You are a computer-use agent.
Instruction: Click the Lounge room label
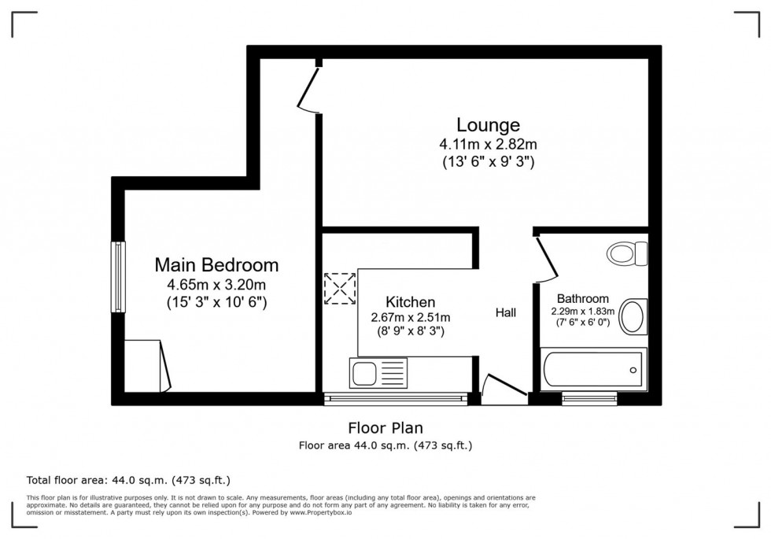[x=488, y=124]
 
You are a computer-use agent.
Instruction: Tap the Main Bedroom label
[x=216, y=264]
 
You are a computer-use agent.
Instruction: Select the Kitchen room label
[x=410, y=302]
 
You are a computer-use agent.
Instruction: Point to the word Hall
[x=505, y=313]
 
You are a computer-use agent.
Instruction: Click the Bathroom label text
[x=582, y=299]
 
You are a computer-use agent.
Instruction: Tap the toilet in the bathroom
[x=627, y=253]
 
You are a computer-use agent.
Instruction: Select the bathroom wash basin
[x=633, y=317]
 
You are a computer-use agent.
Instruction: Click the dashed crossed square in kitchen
[x=340, y=288]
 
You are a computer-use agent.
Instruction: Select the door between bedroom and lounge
[x=308, y=88]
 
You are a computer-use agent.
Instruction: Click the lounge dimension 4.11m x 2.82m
[x=488, y=145]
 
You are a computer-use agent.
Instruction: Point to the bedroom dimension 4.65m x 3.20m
[x=216, y=284]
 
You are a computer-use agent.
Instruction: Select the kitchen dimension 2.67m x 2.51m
[x=410, y=317]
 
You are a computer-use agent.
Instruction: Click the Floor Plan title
[x=385, y=428]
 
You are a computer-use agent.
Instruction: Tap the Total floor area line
[x=128, y=480]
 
